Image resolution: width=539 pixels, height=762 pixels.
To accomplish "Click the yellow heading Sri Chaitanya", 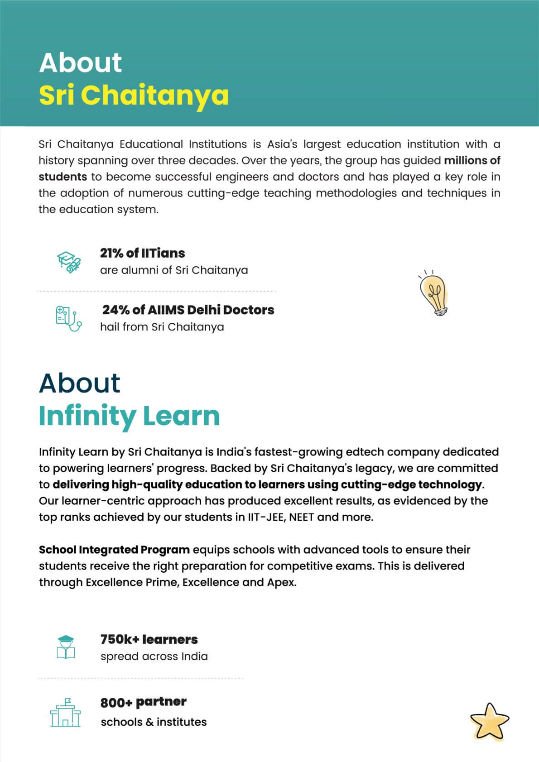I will click(134, 96).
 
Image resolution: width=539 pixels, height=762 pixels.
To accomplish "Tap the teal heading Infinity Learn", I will click(129, 416).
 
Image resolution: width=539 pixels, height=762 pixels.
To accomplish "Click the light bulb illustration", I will click(434, 294).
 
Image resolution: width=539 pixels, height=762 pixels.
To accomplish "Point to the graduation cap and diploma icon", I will click(68, 262).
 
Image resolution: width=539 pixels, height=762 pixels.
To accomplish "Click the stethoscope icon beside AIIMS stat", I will click(68, 318).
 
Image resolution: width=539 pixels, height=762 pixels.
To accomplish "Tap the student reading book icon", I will click(66, 647).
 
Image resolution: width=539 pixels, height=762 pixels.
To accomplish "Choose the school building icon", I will click(65, 713).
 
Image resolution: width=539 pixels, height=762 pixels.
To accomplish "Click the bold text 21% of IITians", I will click(142, 253).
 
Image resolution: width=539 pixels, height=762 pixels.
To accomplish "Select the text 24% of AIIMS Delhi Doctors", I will click(188, 310).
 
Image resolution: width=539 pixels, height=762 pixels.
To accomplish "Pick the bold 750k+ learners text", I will click(149, 639).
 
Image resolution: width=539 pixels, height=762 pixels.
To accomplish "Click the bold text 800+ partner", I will click(143, 702).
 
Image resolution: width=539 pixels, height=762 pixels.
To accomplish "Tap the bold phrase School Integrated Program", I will click(114, 550).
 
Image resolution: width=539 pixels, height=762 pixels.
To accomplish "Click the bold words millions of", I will click(472, 160).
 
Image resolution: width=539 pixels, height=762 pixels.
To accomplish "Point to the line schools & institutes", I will click(154, 722).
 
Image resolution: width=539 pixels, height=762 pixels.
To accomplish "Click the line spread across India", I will click(154, 657).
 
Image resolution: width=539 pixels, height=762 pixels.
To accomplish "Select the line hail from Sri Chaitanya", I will click(162, 327).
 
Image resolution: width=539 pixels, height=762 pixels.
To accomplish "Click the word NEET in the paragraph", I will click(301, 517).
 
